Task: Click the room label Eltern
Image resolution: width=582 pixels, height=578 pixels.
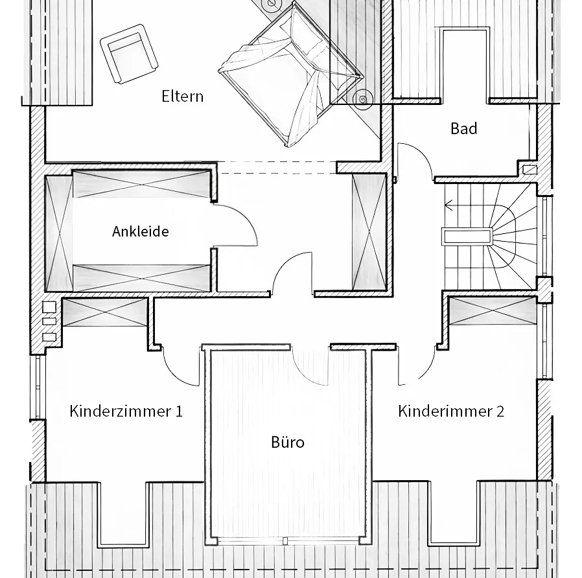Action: coord(182,97)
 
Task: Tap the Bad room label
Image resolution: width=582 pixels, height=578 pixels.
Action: coord(463,128)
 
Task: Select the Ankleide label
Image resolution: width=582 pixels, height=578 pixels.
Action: coord(140,231)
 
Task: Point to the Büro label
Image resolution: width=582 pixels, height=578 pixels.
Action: coord(287,443)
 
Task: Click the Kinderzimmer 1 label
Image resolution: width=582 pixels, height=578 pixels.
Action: coord(126,411)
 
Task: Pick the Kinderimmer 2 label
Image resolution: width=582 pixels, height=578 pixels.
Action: coord(450,411)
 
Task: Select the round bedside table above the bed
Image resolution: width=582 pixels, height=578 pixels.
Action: coord(270,5)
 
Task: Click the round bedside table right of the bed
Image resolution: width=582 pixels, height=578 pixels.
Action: coord(362,98)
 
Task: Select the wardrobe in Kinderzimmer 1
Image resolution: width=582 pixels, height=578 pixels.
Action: coord(105,312)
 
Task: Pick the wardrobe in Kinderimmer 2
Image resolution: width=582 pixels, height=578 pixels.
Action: coord(493,310)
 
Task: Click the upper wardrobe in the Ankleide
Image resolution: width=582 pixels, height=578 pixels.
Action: coord(141,183)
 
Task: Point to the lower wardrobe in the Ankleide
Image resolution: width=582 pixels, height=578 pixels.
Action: coord(141,277)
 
